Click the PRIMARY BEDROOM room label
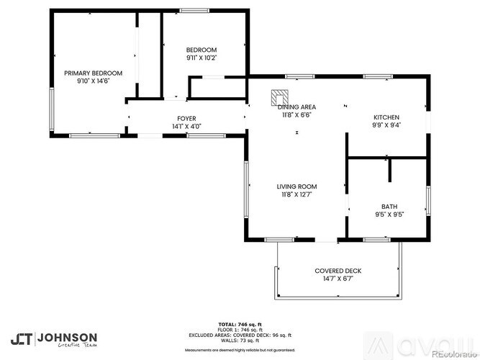[x=93, y=73]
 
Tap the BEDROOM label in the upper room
[x=201, y=49]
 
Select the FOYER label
[x=186, y=118]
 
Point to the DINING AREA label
[x=297, y=107]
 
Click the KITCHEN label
[x=386, y=117]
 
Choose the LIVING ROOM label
[x=297, y=186]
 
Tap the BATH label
[x=389, y=206]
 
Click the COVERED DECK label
[x=338, y=271]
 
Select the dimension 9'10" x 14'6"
[x=93, y=81]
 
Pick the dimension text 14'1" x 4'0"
[x=186, y=126]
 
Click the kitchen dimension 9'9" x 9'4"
[x=386, y=125]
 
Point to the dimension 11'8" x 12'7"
[x=297, y=194]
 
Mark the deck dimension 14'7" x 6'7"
[x=338, y=279]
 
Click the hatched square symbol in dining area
[x=279, y=96]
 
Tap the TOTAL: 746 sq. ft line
[x=240, y=324]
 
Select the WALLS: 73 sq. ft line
[x=240, y=340]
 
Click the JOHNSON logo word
[x=67, y=336]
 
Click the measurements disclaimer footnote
[x=240, y=349]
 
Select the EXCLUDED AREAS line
[x=240, y=335]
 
